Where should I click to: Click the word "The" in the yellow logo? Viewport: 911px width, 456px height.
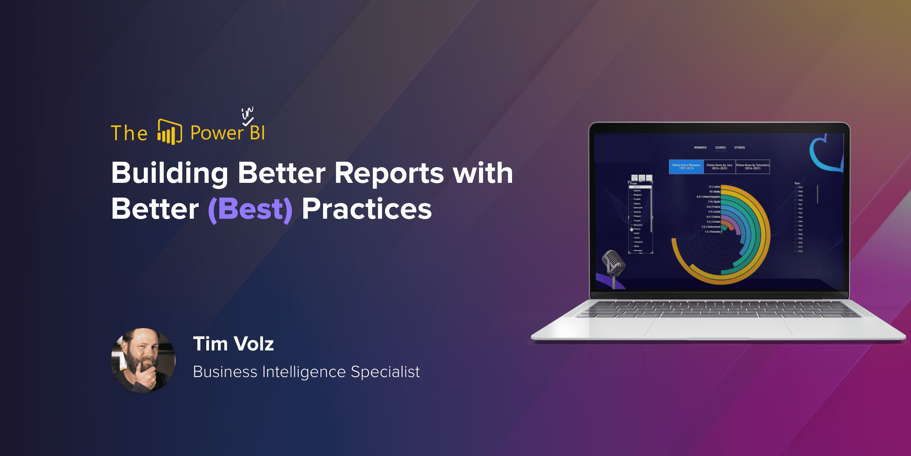pos(129,133)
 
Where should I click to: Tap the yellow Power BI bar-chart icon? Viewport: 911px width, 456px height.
pos(170,132)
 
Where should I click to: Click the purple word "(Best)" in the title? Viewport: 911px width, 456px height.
pos(250,209)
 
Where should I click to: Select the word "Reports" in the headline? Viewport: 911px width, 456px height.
pos(389,173)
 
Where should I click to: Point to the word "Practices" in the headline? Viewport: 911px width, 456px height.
pos(367,209)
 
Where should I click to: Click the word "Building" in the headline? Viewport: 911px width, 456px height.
pos(170,173)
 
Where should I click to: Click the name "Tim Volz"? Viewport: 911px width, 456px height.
pos(233,344)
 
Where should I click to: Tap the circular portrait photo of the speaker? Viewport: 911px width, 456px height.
pos(143,360)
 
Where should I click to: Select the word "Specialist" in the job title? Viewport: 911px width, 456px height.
pos(385,372)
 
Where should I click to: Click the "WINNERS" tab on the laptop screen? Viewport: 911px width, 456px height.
pos(700,148)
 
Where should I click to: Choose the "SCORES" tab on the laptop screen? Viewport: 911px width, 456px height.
pos(720,148)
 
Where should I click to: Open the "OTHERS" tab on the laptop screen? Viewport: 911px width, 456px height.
pos(739,148)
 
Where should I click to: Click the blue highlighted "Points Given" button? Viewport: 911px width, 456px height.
pos(686,167)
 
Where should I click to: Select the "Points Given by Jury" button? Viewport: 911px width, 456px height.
pos(719,167)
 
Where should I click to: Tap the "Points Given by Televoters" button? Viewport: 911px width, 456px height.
pos(752,167)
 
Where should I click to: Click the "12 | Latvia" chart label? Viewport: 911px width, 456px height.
pos(714,187)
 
